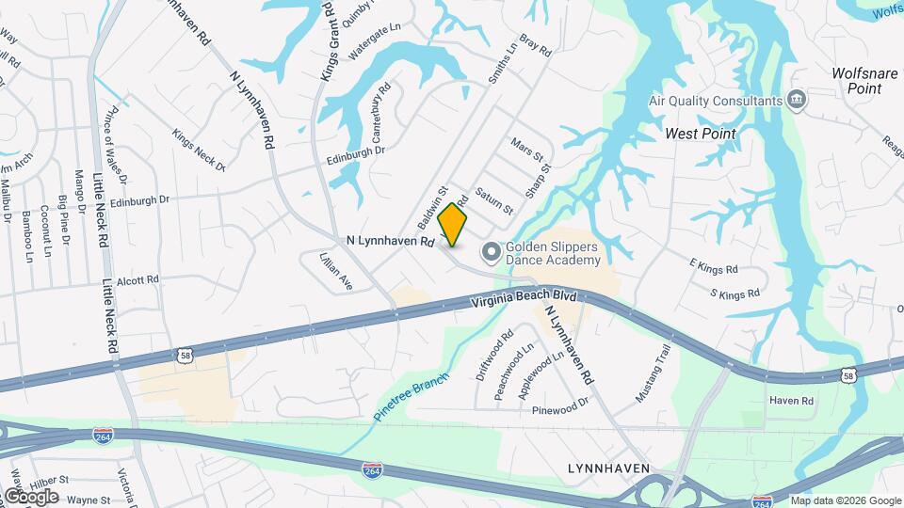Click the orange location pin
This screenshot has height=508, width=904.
click(x=453, y=224)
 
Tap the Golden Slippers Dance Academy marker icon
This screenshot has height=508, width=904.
click(x=491, y=251)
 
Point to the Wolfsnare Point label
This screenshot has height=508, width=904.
click(x=869, y=81)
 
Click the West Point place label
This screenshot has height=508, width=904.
click(x=701, y=134)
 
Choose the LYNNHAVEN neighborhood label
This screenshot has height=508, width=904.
click(x=610, y=468)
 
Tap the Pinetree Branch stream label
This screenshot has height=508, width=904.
click(x=411, y=394)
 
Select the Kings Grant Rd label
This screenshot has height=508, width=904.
click(x=329, y=42)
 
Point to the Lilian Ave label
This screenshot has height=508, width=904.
click(x=335, y=270)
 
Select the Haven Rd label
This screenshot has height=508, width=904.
click(x=790, y=401)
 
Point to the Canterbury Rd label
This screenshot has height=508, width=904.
click(x=380, y=111)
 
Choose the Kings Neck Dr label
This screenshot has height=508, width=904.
click(x=199, y=149)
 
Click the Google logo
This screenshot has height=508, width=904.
click(x=30, y=496)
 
